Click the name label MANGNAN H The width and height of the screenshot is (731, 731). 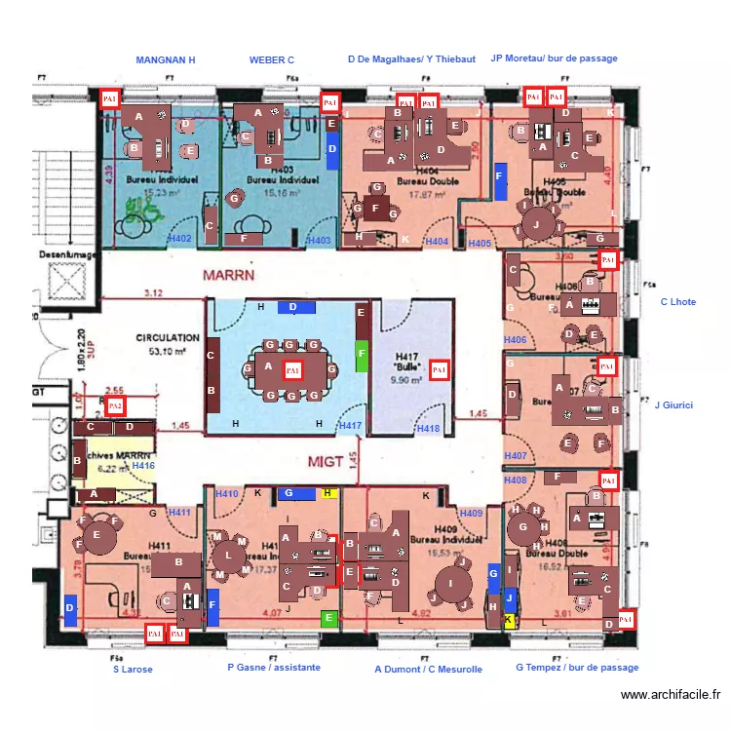point(165,60)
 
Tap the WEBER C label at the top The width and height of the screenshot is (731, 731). point(271,60)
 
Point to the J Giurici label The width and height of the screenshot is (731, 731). point(673,404)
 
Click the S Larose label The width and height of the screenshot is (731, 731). point(133,670)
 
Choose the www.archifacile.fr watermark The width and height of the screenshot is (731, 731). point(670,695)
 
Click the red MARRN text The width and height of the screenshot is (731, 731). point(228,276)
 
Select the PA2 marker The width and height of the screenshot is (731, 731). point(115,405)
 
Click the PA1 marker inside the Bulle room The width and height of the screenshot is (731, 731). point(439,370)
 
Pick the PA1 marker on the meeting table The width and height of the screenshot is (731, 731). point(292,369)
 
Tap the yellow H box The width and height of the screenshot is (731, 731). point(327,493)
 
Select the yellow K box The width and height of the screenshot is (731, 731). point(508,620)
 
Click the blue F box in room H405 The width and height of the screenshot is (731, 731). point(500,184)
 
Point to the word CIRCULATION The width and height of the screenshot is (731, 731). point(167,338)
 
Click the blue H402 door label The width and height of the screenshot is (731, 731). point(180,239)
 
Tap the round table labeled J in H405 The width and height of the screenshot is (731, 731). point(536,224)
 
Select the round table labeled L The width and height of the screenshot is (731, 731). point(228,556)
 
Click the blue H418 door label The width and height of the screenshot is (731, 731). point(428,428)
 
